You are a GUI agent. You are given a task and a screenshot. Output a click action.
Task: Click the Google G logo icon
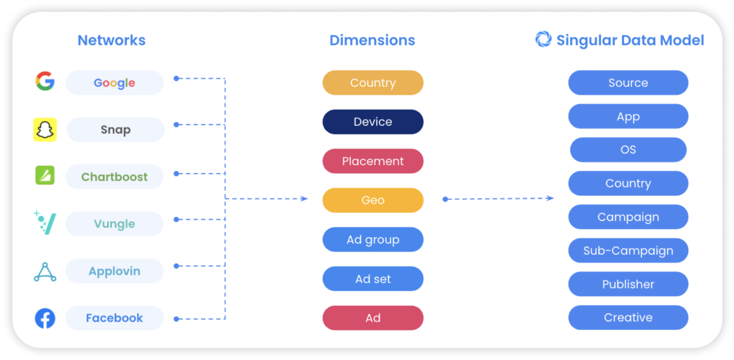click(45, 80)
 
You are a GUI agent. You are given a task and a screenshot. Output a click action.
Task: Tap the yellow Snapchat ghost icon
click(45, 129)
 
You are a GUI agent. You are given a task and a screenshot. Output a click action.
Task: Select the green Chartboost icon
click(45, 175)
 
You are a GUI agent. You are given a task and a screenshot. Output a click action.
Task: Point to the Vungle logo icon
click(45, 223)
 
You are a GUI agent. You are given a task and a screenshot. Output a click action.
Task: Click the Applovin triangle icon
click(45, 272)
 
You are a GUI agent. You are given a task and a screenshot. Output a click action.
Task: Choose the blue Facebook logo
click(45, 318)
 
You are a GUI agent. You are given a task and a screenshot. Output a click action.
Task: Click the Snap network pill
click(115, 129)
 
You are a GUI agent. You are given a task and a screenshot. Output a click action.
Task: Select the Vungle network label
click(114, 223)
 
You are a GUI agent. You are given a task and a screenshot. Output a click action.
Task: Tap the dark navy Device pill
click(373, 122)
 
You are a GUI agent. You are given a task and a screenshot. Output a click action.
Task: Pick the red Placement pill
click(373, 161)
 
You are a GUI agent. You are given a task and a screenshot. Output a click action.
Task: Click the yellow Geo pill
click(373, 200)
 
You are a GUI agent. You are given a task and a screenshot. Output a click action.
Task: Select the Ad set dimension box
click(373, 279)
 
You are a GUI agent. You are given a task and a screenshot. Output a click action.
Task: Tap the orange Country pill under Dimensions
click(373, 83)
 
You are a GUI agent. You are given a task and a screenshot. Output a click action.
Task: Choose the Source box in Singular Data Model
click(628, 83)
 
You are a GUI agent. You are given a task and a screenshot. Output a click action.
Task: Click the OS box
click(628, 150)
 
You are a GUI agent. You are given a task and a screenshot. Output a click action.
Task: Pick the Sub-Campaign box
click(628, 251)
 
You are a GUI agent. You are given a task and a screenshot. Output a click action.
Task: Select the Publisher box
click(628, 284)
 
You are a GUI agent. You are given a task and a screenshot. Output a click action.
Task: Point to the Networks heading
click(111, 40)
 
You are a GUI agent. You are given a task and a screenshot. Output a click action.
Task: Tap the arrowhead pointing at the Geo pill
click(305, 199)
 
